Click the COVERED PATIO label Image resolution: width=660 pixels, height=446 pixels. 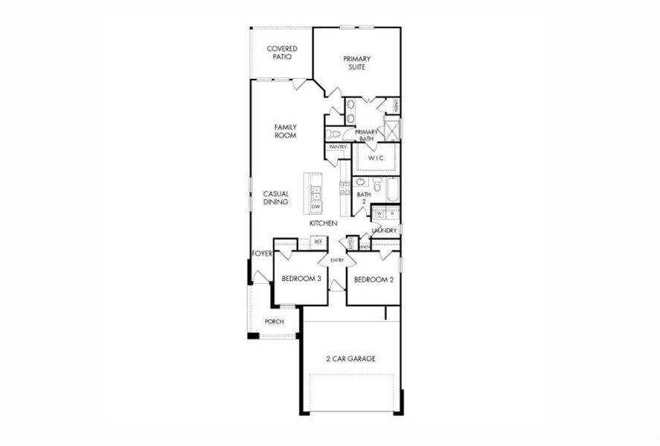point(282,52)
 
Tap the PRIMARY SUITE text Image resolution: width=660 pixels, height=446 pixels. point(356,62)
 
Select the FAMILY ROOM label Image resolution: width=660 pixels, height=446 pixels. point(285,132)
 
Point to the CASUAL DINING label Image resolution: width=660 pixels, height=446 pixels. point(275,198)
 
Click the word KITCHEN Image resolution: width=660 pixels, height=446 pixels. point(324,223)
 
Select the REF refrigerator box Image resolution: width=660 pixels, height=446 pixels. point(318,242)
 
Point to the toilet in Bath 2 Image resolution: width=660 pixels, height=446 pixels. point(377,183)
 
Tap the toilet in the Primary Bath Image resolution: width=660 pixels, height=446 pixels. point(334,134)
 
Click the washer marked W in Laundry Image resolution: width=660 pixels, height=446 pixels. point(379,214)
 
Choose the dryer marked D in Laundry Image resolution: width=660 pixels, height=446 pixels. point(392,214)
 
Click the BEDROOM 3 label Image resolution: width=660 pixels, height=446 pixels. point(301,279)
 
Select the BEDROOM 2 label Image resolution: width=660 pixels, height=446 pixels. point(373,279)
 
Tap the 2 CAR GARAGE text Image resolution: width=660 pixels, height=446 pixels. point(350,358)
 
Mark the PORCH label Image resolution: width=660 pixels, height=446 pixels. point(275,322)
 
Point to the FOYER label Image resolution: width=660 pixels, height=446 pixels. point(262,253)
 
